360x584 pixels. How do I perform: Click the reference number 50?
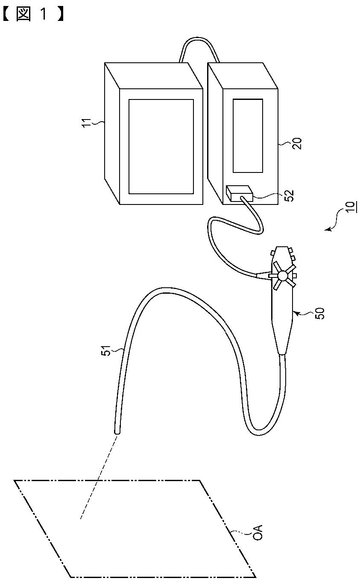pos(319,314)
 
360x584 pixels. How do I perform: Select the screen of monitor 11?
pos(161,146)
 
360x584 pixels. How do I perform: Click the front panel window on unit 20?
pos(248,135)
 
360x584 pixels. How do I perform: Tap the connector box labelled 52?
pos(239,194)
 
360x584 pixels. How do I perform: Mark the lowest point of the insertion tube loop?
pos(258,435)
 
